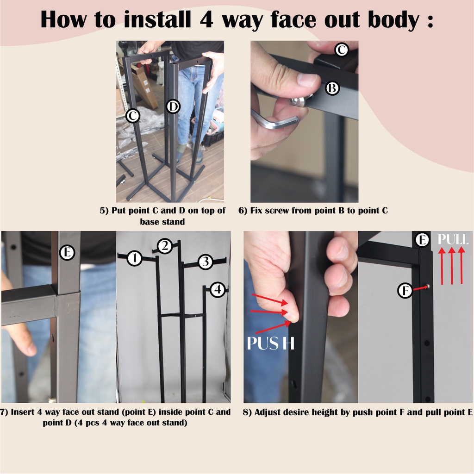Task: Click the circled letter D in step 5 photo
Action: tap(173, 106)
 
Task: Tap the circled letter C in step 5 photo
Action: tap(132, 115)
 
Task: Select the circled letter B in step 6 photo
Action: tap(332, 88)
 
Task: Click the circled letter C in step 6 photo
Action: tap(342, 50)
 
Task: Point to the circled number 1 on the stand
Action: tap(135, 258)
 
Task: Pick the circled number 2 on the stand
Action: tap(164, 246)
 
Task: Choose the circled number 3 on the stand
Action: tap(206, 262)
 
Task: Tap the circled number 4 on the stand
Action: tap(218, 290)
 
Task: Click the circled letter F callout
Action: tap(405, 291)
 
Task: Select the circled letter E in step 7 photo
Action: tap(67, 252)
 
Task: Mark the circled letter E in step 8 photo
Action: tap(422, 240)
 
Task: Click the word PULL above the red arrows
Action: tap(453, 239)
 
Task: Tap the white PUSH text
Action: tap(270, 343)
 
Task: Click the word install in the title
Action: tap(157, 19)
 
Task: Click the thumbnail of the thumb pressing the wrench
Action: tap(308, 79)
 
